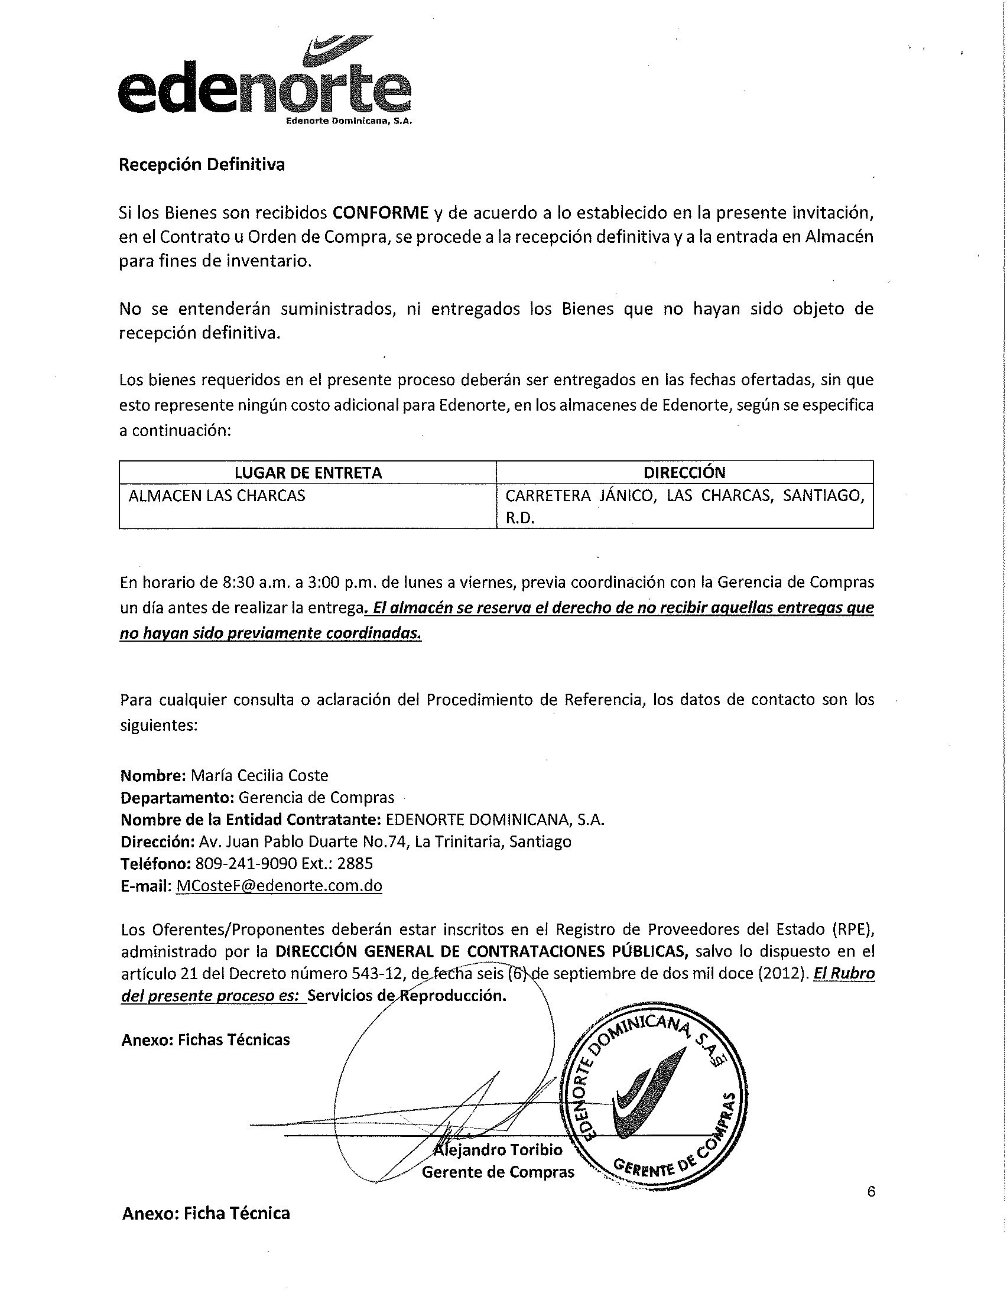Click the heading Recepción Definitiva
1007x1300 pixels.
pyautogui.click(x=202, y=165)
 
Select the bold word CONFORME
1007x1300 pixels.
pyautogui.click(x=381, y=213)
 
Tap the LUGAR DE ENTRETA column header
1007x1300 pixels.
pyautogui.click(x=308, y=473)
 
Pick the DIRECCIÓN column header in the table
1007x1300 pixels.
pyautogui.click(x=684, y=473)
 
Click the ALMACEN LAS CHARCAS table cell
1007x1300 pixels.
pyautogui.click(x=217, y=496)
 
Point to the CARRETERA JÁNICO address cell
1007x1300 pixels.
pyautogui.click(x=684, y=506)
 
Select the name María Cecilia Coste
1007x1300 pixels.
pyautogui.click(x=259, y=776)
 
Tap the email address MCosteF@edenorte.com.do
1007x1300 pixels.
pyautogui.click(x=279, y=886)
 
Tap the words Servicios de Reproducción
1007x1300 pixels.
pyautogui.click(x=407, y=996)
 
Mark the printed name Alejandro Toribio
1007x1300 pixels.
pyautogui.click(x=498, y=1150)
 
